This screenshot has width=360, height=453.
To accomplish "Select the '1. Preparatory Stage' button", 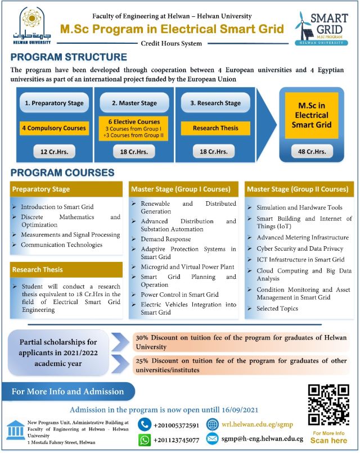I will pos(55,103).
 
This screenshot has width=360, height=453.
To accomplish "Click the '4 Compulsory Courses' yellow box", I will pos(55,128).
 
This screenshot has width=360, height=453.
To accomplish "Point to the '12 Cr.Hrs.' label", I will pos(55,152).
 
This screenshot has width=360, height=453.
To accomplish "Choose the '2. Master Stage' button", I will pos(134,103).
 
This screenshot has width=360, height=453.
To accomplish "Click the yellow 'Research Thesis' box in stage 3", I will pos(215,128).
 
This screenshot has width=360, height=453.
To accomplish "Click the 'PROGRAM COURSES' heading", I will pos(62,173).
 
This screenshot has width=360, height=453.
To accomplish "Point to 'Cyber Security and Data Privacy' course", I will pos(299,248).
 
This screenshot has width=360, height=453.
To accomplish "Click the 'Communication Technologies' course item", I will pos(61,245).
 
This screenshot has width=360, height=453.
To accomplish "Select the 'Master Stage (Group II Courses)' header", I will pos(298,189).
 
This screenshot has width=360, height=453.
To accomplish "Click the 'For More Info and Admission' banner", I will pos(68,392).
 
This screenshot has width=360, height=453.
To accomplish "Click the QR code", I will pos(328,405).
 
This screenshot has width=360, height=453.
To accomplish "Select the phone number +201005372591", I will pos(176,425).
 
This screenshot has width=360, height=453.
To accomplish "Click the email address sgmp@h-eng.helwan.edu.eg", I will pos(263,439).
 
